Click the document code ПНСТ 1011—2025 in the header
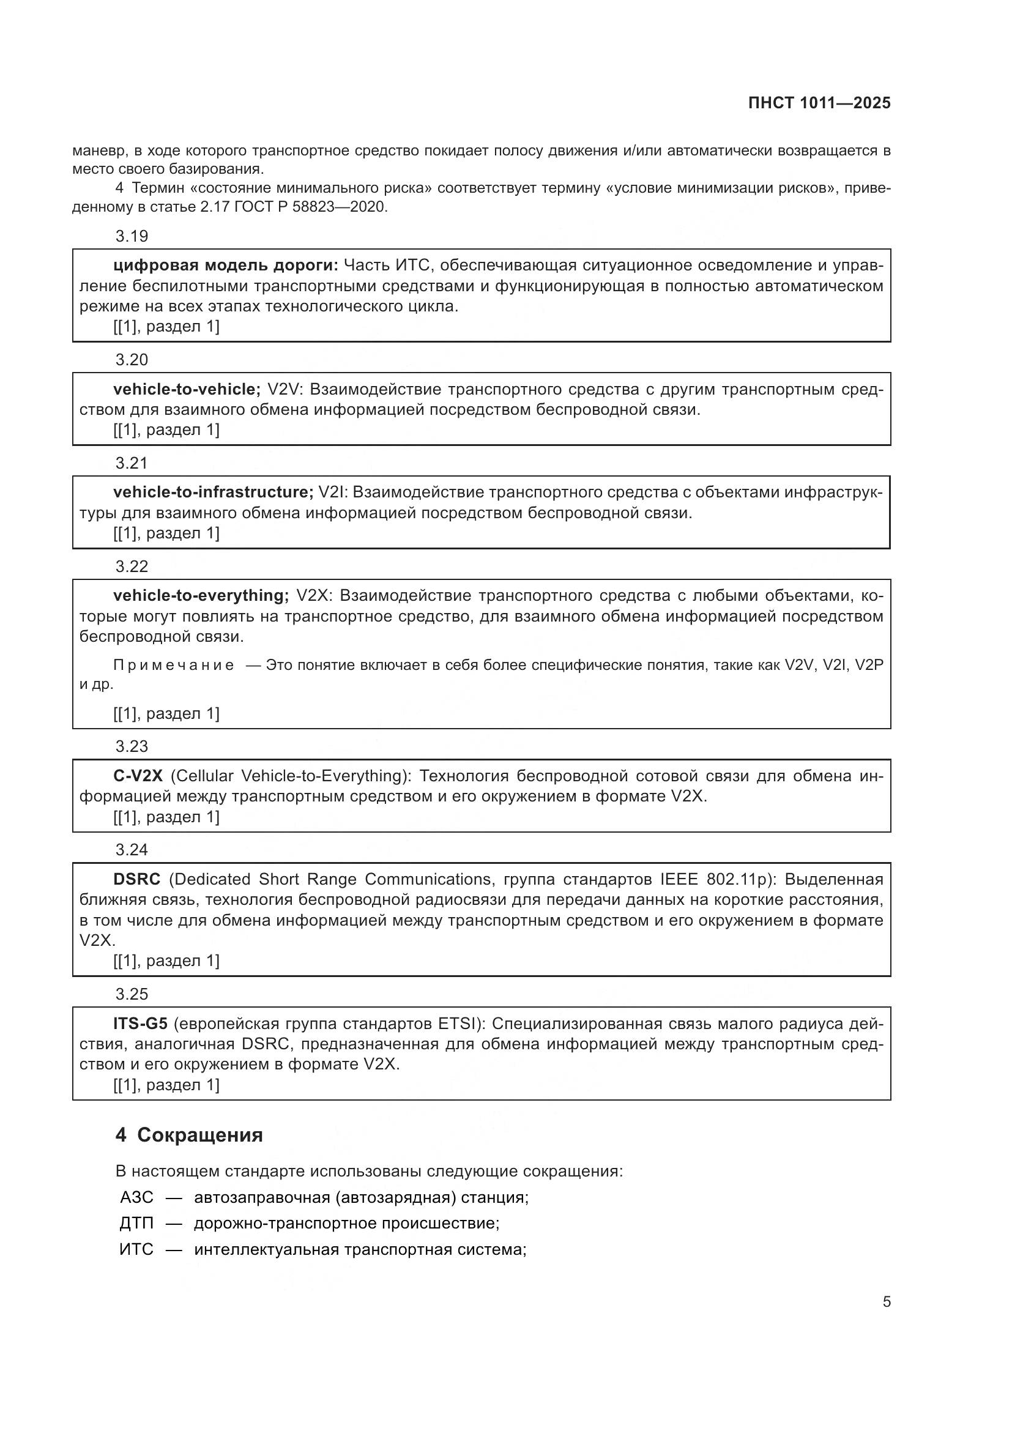pos(819,103)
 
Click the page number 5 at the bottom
pos(886,1301)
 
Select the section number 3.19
pos(132,236)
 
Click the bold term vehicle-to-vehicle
pos(187,390)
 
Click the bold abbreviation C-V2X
pos(138,776)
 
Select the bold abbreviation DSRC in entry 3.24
pos(136,879)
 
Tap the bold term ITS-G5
pos(140,1024)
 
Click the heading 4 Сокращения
pos(189,1135)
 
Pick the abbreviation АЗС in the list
pos(136,1197)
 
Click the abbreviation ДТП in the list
pos(136,1224)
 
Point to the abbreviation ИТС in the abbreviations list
pos(136,1250)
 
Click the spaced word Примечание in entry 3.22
pos(174,666)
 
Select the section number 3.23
pos(132,746)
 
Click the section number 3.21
pos(132,463)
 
